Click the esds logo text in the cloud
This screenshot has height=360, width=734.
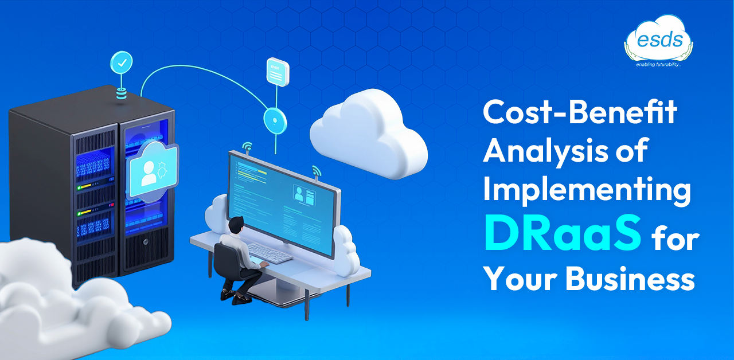(660, 40)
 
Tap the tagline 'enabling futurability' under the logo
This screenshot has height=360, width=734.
(658, 65)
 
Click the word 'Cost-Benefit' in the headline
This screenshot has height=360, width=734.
(580, 112)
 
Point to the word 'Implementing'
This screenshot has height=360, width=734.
(587, 190)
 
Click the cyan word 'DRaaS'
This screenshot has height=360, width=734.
(563, 233)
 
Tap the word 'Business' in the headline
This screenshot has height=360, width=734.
(630, 279)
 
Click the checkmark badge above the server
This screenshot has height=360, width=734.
(122, 62)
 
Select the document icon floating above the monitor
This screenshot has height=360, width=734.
(278, 72)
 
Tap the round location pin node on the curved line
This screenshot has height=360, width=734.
(275, 121)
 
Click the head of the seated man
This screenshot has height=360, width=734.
(236, 225)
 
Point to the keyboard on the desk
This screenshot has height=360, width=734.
(270, 253)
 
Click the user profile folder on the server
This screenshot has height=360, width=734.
(153, 172)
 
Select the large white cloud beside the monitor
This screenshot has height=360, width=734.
(369, 134)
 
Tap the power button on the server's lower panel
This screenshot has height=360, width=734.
(146, 242)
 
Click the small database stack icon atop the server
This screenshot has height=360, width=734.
(121, 93)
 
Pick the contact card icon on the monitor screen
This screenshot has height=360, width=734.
(304, 195)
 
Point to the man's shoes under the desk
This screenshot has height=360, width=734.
(235, 296)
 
